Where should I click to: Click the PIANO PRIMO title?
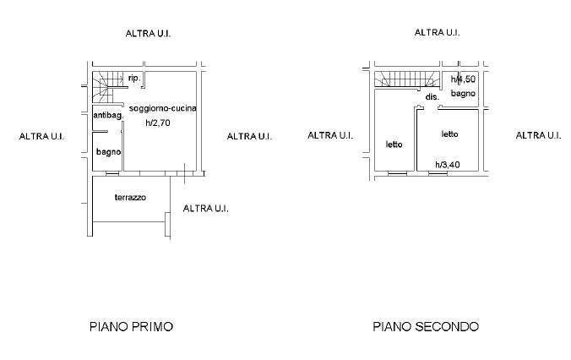point(131,326)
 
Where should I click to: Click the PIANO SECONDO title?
point(426,326)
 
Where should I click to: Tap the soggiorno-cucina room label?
point(163,108)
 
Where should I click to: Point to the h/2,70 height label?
point(158,123)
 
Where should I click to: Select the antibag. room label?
point(108,115)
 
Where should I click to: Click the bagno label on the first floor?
point(108,151)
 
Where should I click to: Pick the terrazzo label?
point(130,198)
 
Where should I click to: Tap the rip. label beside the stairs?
point(134,78)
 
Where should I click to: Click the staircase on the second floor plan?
point(408,79)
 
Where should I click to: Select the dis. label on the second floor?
point(432,97)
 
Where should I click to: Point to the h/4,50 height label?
point(463,79)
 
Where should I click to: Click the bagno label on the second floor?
point(463,93)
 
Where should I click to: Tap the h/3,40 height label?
point(448,165)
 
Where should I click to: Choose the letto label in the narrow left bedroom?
point(394,145)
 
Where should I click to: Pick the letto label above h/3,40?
point(449,134)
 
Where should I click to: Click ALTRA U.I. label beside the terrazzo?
point(206,209)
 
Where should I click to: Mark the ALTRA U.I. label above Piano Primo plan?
point(148,34)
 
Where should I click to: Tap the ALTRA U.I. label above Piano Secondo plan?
point(437,32)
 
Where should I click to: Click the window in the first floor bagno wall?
point(112,173)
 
